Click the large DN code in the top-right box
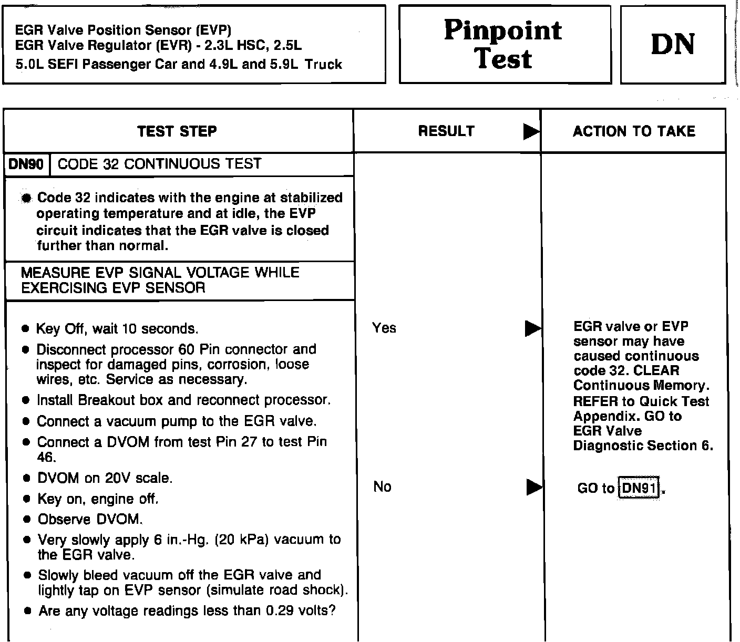click(x=673, y=44)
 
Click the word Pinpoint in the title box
click(x=503, y=30)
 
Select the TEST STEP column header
click(x=177, y=131)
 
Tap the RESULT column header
click(x=446, y=131)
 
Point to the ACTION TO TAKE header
click(x=634, y=131)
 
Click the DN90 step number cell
click(x=26, y=164)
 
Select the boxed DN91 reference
click(x=639, y=489)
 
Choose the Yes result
click(x=384, y=328)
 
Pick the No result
click(x=382, y=487)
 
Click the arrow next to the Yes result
click(x=533, y=329)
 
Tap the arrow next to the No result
click(x=534, y=488)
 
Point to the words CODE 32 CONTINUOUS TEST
click(x=159, y=164)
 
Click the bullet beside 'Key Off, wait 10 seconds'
click(x=25, y=329)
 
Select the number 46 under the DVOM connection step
click(x=46, y=458)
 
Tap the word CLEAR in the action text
click(x=656, y=371)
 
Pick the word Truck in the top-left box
click(x=324, y=65)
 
